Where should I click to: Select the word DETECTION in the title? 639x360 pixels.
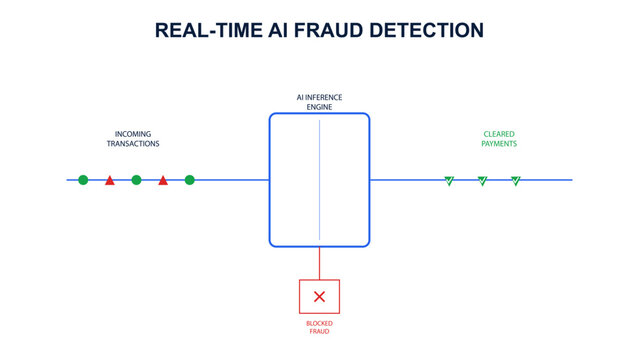(x=424, y=30)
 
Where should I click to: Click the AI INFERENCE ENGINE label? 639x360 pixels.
(x=319, y=100)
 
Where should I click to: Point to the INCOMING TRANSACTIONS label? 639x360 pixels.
(x=133, y=138)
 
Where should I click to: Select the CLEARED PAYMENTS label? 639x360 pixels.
(x=499, y=138)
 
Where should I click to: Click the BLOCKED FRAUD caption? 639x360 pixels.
(x=319, y=326)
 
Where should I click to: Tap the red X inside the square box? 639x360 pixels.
(x=319, y=296)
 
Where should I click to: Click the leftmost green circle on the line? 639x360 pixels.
(x=83, y=180)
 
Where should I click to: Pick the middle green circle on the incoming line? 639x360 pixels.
(x=136, y=180)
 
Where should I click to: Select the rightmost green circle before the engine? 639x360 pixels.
(x=189, y=180)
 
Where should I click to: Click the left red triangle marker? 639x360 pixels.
(x=110, y=181)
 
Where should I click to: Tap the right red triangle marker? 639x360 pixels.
(x=163, y=181)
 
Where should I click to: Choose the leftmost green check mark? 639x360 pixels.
(x=449, y=181)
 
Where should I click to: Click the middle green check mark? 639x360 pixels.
(x=482, y=181)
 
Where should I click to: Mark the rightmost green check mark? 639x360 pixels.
(x=515, y=181)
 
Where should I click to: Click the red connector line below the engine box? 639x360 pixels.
(x=319, y=263)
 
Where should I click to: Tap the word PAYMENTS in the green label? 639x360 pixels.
(x=499, y=144)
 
